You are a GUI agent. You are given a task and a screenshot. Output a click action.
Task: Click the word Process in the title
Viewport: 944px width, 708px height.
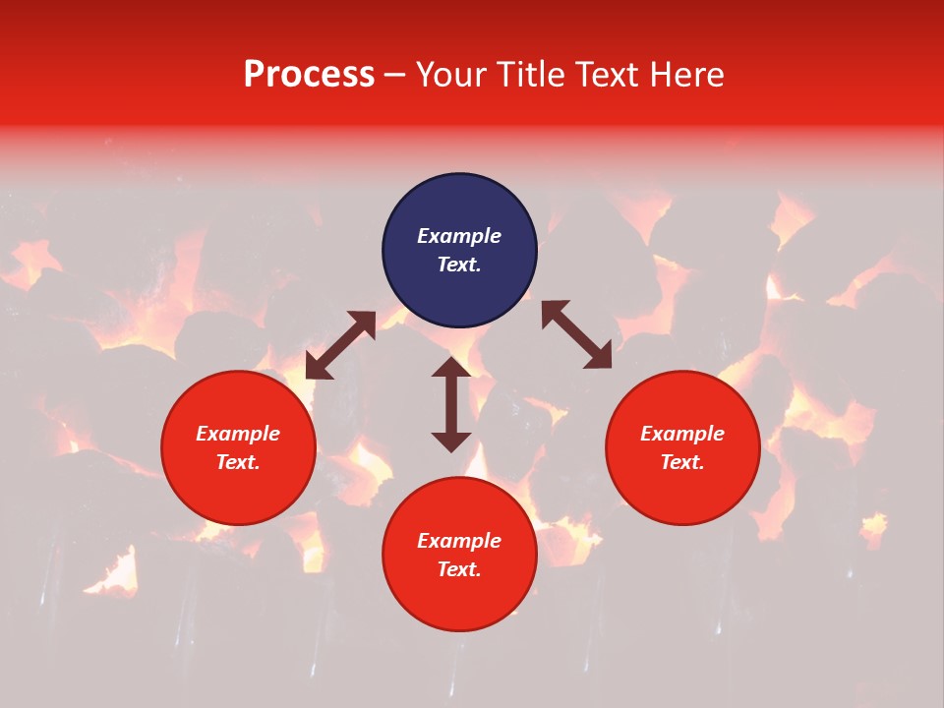(309, 75)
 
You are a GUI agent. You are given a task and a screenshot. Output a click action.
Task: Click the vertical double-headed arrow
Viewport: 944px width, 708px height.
(451, 404)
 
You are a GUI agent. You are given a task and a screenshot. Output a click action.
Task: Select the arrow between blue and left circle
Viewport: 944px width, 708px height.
(340, 345)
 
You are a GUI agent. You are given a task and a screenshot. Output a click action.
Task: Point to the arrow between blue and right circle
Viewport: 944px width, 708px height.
(576, 335)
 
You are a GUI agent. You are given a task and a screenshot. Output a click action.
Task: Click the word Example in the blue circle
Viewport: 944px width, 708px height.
(459, 236)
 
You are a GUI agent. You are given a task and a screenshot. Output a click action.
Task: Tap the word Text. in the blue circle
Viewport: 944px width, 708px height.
(459, 265)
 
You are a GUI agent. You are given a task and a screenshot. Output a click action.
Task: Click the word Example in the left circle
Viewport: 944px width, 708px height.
(238, 434)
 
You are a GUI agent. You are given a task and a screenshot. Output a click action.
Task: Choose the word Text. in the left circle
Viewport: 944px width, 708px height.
(238, 462)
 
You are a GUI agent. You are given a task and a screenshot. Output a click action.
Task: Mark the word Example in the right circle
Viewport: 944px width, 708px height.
(682, 434)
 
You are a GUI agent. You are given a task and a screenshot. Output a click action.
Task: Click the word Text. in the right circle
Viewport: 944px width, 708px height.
(682, 462)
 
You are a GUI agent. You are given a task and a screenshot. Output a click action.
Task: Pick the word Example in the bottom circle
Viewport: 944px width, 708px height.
(459, 541)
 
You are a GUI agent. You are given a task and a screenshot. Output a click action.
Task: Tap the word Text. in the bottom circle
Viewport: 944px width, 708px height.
(459, 569)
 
